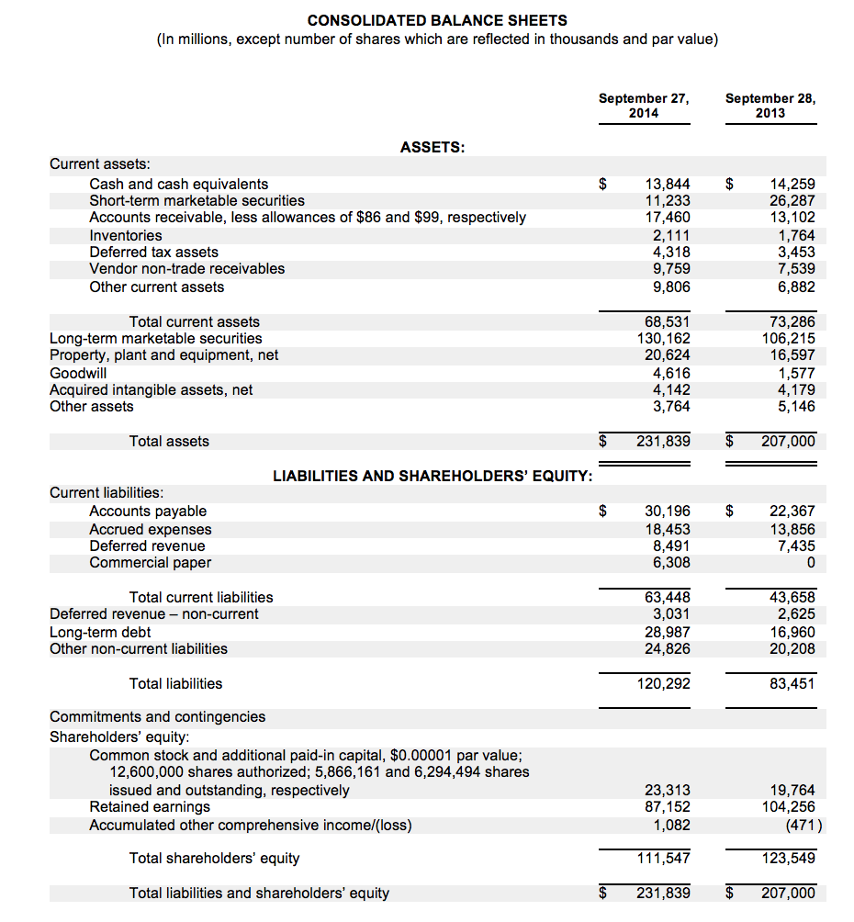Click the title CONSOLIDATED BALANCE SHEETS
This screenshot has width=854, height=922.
[x=437, y=20]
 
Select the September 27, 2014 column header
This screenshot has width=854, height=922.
[x=643, y=106]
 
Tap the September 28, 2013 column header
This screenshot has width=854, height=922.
[x=770, y=106]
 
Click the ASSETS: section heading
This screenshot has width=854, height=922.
[x=433, y=147]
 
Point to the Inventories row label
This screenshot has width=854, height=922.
[x=126, y=235]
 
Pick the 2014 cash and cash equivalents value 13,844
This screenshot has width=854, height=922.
[x=668, y=184]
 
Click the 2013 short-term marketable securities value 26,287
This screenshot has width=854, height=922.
[x=792, y=200]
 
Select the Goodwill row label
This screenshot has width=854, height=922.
[x=78, y=373]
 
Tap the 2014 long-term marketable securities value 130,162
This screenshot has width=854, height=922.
[x=664, y=338]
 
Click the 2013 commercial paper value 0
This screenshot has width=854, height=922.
[x=808, y=562]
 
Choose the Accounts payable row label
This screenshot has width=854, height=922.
[x=148, y=511]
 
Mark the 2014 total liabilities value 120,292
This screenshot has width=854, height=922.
[x=664, y=683]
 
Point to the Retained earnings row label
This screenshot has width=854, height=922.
[x=150, y=806]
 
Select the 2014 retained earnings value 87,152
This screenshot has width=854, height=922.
[x=668, y=806]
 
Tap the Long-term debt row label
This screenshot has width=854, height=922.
[x=100, y=632]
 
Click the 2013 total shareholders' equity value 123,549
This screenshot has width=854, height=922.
[x=789, y=858]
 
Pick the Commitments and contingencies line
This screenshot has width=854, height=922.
[x=157, y=716]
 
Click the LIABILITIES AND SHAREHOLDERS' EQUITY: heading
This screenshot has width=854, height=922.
[x=433, y=476]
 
